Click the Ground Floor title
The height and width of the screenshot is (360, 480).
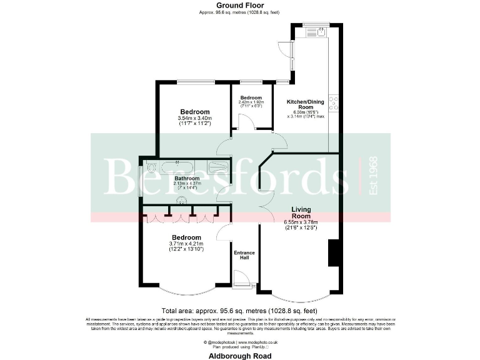pyautogui.click(x=240, y=6)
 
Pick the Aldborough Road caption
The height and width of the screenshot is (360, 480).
pyautogui.click(x=240, y=355)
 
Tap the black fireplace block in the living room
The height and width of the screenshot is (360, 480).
pyautogui.click(x=333, y=252)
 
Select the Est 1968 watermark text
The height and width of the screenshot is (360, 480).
pyautogui.click(x=374, y=176)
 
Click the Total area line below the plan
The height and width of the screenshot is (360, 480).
pyautogui.click(x=239, y=311)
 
